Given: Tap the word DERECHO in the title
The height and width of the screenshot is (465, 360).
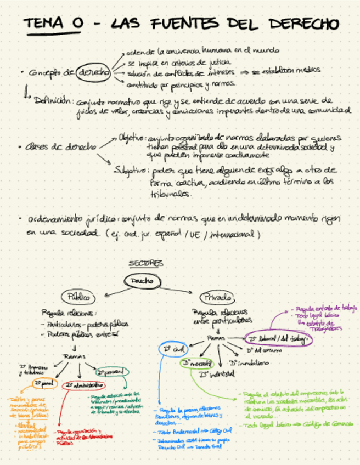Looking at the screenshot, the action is click(301, 24).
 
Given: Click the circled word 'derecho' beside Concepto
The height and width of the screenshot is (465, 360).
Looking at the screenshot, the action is click(93, 72).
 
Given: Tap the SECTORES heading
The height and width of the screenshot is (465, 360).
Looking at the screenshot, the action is click(146, 264).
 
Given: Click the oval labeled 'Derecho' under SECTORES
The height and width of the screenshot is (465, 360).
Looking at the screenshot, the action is click(142, 281).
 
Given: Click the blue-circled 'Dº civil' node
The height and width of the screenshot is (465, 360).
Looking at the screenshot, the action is click(172, 349).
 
